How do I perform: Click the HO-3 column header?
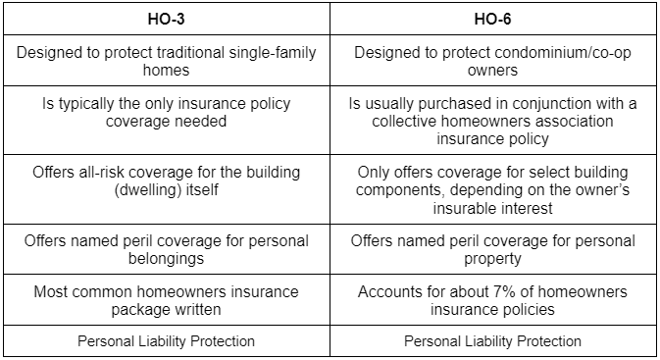165,19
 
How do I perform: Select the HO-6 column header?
493,19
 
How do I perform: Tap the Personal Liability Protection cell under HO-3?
166,341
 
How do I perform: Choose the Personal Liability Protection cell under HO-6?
494,341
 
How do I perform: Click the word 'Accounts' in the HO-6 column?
389,291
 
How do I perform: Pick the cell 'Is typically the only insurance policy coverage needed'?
166,111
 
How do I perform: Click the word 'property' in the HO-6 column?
495,259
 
